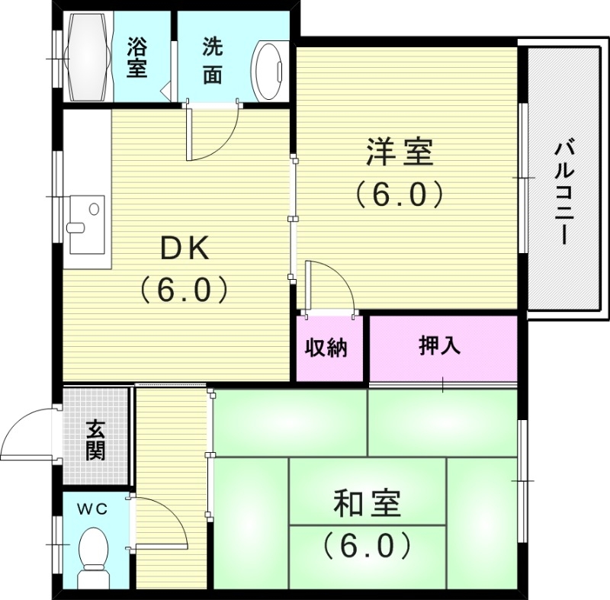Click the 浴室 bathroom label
[137, 58]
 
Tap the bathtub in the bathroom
[88, 56]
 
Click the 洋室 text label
[400, 152]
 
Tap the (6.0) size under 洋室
[400, 195]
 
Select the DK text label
[183, 247]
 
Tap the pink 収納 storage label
[327, 348]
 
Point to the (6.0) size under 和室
[367, 545]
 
